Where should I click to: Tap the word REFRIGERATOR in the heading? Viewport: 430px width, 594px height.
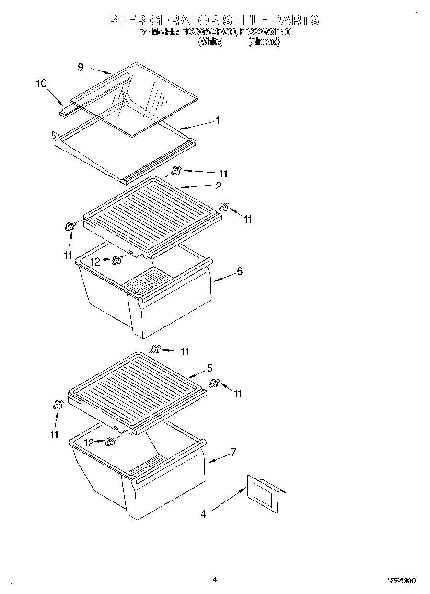(x=163, y=20)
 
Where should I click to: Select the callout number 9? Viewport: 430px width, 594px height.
(x=81, y=67)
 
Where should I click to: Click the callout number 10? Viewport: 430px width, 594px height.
(x=41, y=83)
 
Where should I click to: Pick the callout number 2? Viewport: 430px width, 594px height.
(x=218, y=185)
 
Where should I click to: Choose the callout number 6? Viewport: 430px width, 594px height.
(x=239, y=271)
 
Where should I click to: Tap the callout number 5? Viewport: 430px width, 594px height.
(x=209, y=368)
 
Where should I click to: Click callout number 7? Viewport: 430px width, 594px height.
(x=233, y=452)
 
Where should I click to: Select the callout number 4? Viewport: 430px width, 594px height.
(x=203, y=514)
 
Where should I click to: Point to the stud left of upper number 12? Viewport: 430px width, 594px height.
(x=116, y=260)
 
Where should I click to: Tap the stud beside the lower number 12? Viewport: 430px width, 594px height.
(x=111, y=441)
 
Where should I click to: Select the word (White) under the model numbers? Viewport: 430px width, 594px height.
(x=210, y=42)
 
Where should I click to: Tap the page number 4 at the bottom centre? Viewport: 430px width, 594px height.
(x=215, y=580)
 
